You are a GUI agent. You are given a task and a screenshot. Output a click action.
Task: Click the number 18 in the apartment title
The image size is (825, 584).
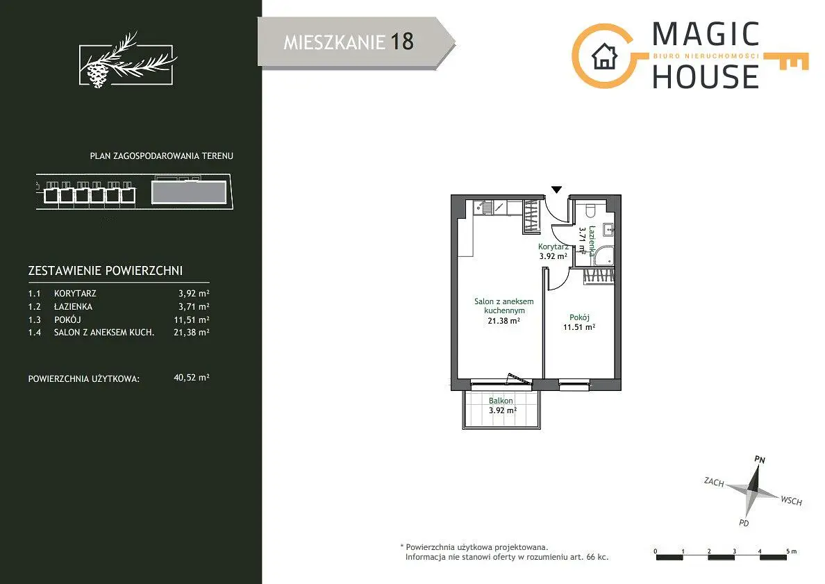(x=402, y=42)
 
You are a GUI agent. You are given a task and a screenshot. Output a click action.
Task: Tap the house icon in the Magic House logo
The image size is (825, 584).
(x=604, y=56)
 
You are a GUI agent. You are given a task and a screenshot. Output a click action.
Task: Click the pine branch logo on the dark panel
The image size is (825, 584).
(x=127, y=60)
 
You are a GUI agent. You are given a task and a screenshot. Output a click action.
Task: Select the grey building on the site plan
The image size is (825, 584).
(x=189, y=192)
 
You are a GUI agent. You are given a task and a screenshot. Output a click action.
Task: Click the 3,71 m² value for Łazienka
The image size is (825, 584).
(x=194, y=306)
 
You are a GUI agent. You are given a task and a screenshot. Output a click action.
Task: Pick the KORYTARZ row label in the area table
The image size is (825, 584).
(x=75, y=294)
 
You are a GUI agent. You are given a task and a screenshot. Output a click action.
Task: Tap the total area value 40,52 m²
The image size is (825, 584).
(x=192, y=377)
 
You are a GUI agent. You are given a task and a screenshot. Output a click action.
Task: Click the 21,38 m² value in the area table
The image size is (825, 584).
(x=192, y=332)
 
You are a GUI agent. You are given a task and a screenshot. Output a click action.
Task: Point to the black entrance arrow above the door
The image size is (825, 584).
(x=557, y=190)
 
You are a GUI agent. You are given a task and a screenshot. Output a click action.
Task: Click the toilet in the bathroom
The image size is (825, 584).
(x=590, y=210)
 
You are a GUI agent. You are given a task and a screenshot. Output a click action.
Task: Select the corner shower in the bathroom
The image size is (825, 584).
(x=602, y=256)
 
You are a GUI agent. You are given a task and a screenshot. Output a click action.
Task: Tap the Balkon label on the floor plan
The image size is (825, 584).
(x=501, y=401)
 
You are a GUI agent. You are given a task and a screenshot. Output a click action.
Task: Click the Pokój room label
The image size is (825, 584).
(x=579, y=317)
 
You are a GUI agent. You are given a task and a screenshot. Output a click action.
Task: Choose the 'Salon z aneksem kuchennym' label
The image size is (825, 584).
(x=504, y=306)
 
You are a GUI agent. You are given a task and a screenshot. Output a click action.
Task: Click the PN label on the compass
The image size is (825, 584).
(x=760, y=459)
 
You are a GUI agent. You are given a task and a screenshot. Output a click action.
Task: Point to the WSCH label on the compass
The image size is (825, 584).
(x=792, y=501)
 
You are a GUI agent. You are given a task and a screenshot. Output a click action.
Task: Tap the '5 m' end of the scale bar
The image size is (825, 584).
(x=792, y=551)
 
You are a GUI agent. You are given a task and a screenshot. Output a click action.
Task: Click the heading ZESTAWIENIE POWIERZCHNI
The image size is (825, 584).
(x=106, y=271)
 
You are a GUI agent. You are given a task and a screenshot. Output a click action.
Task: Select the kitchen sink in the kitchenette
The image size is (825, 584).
(x=483, y=208)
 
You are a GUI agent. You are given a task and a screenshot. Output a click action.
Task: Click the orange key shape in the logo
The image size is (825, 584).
(x=786, y=61)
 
